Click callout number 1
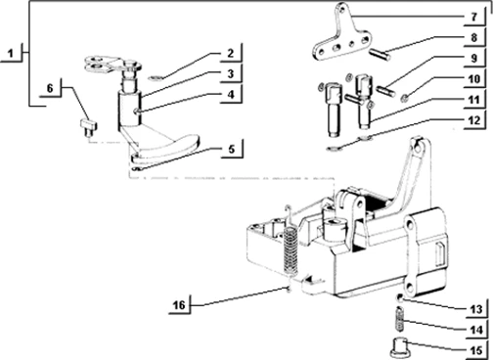tap(11, 53)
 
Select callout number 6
tap(50, 88)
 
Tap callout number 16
tap(179, 305)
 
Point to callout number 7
tap(474, 17)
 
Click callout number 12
tap(474, 120)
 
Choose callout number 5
tap(231, 149)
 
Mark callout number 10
tap(474, 78)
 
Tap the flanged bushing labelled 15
tap(399, 347)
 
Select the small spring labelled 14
tap(400, 319)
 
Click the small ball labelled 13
tap(399, 297)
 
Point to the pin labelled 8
tap(380, 54)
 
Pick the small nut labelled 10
tap(405, 97)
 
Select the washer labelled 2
tap(156, 78)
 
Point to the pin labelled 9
tap(385, 90)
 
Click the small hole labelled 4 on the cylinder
tap(135, 112)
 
